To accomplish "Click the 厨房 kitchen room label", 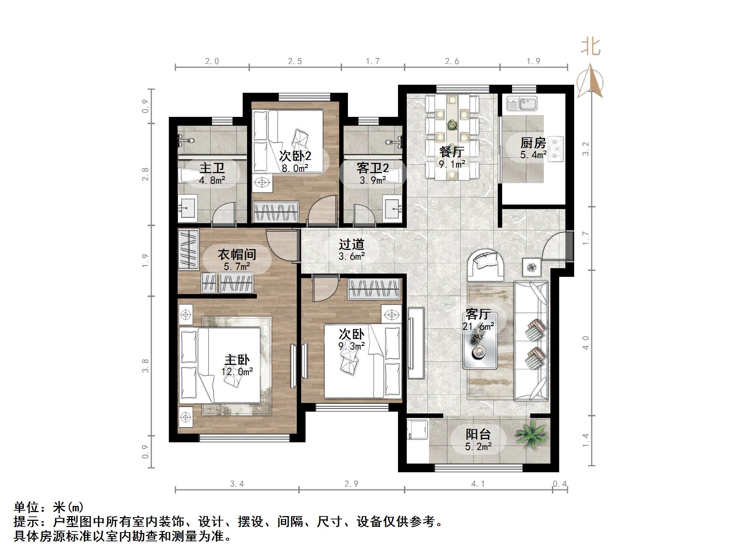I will coord(533,143).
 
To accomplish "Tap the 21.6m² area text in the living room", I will coord(478,326).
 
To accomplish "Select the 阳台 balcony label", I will coord(478,434).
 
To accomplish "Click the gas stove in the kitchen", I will coord(556,149).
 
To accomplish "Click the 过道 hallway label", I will coord(352,244).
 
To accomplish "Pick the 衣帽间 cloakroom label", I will coord(237,255).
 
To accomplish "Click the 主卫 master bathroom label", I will coord(212,168).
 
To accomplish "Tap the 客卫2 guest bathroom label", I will coord(372,168).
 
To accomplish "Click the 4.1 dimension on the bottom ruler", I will coord(478,484).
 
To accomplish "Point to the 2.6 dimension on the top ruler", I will coord(452,61).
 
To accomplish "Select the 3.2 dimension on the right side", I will coord(585,149).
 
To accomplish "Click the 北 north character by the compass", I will coord(591,47).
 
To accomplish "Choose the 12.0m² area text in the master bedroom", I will coord(237,372).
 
